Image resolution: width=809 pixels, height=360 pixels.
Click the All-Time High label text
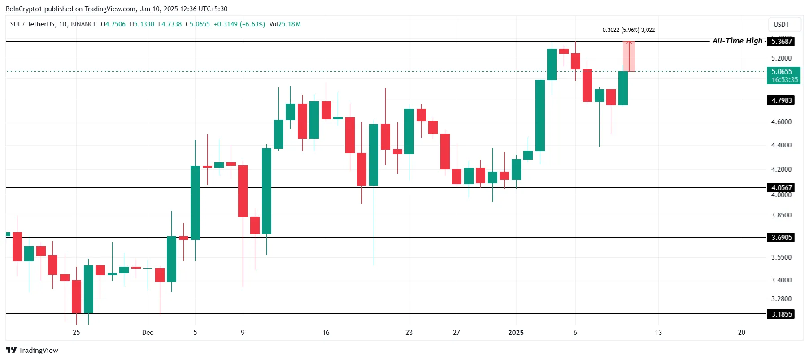click(737, 41)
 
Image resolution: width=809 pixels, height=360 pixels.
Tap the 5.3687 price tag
click(781, 41)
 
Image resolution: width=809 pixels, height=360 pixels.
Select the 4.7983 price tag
click(781, 100)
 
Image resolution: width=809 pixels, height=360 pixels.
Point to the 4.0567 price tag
click(781, 187)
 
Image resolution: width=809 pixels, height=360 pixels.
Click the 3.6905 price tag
click(781, 237)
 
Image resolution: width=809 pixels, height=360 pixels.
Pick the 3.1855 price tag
click(781, 314)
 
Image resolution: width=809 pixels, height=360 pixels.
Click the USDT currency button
click(781, 25)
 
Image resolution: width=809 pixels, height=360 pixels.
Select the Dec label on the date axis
click(148, 332)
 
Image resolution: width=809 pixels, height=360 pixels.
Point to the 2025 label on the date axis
click(516, 332)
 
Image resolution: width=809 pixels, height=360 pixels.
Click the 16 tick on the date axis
click(326, 332)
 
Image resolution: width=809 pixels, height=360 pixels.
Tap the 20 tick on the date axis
click(741, 332)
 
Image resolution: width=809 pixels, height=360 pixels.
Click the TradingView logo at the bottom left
click(32, 350)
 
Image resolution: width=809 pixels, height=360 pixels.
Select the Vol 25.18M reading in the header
click(285, 24)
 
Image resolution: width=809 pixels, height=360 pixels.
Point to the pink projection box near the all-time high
click(629, 56)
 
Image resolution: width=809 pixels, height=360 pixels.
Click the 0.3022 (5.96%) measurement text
click(628, 30)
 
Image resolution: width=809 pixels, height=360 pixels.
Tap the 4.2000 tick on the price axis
click(781, 169)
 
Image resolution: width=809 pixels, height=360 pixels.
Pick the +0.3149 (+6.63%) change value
click(239, 24)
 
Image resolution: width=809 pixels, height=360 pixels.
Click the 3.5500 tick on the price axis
click(781, 257)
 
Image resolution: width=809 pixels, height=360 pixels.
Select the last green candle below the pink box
click(623, 88)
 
